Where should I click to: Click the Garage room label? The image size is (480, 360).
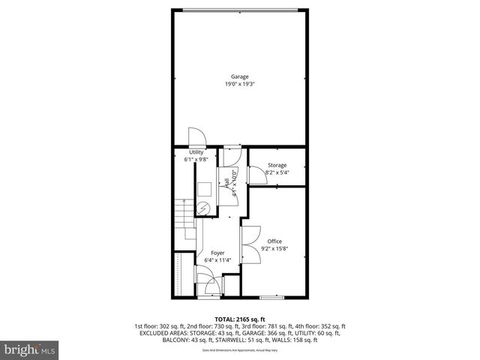239,76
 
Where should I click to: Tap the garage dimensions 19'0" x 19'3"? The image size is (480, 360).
239,84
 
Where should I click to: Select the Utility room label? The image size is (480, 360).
196,152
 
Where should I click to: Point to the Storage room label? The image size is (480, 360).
277,165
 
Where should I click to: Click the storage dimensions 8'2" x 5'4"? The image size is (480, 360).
277,172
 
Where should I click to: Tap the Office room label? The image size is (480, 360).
275,241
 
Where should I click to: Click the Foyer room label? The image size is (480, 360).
217,253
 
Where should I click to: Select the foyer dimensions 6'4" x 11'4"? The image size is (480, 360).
217,260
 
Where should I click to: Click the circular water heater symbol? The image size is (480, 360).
203,208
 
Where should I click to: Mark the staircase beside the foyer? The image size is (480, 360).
184,217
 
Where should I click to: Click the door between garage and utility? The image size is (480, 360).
196,137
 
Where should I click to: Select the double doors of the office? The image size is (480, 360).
249,243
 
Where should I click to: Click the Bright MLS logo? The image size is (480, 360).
31,349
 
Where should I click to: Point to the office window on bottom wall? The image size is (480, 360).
271,297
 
